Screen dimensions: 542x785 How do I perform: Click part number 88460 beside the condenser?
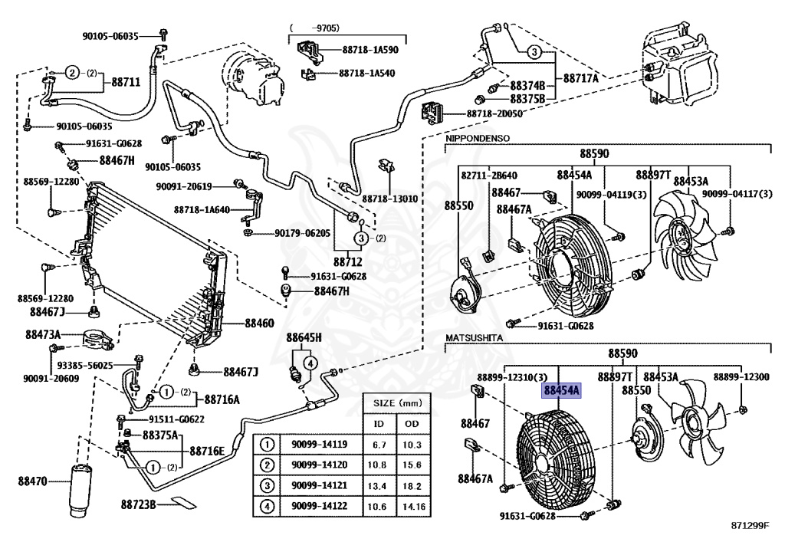coord(259,324)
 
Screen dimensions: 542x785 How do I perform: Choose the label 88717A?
coord(580,77)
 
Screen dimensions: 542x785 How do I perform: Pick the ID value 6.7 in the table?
coord(378,444)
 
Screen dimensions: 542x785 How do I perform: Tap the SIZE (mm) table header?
coord(396,402)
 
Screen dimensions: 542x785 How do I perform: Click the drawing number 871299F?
coord(748,525)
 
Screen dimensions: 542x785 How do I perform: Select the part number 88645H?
coord(304,337)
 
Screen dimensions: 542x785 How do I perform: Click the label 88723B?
coord(138,504)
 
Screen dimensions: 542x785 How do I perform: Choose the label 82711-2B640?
coord(489,176)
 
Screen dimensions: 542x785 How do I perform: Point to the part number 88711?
coord(126,80)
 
